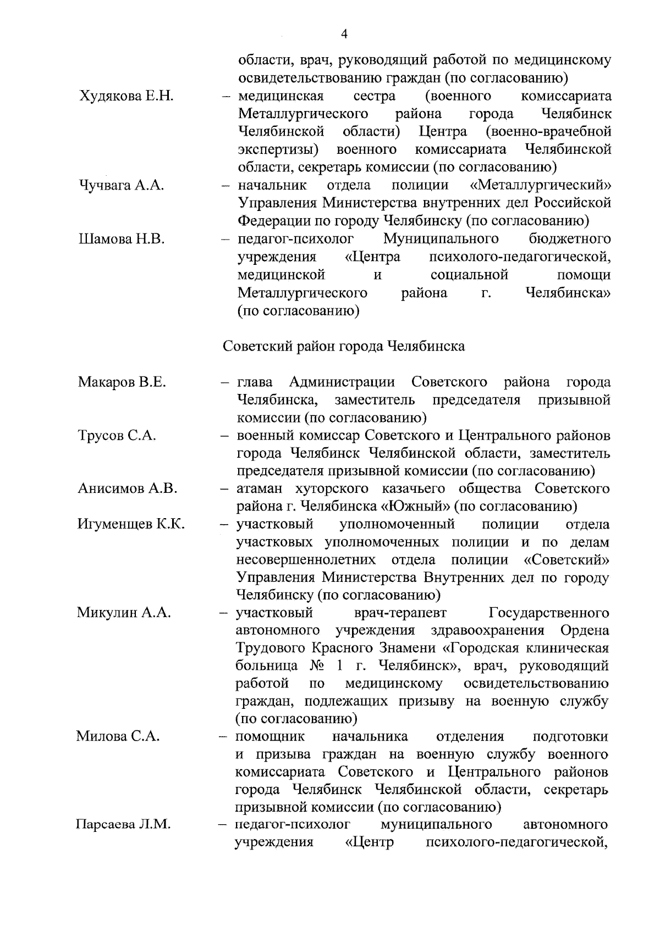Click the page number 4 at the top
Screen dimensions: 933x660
click(x=344, y=34)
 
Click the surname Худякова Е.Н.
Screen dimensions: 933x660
click(x=127, y=97)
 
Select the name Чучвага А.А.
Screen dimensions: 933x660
click(x=122, y=186)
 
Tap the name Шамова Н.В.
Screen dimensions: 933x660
click(x=122, y=239)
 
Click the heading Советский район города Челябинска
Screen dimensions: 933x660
click(x=344, y=346)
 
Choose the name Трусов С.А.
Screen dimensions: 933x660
click(x=117, y=435)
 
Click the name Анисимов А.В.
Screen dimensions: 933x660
click(x=128, y=488)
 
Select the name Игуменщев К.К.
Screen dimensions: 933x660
click(x=131, y=524)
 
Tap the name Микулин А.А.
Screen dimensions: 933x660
click(x=124, y=613)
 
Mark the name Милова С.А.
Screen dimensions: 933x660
click(x=118, y=736)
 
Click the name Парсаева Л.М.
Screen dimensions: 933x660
click(x=123, y=825)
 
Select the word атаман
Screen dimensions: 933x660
click(x=262, y=488)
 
